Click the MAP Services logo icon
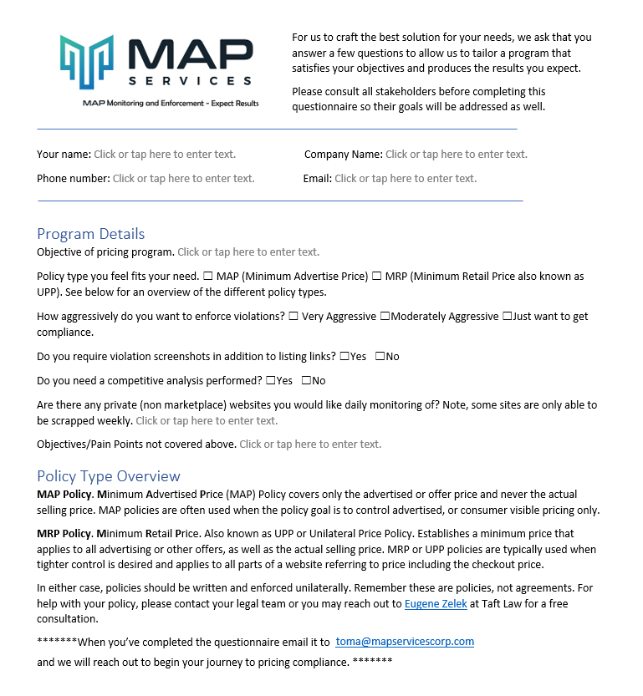click(86, 63)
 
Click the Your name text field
click(165, 155)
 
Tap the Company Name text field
click(456, 155)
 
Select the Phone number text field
click(183, 179)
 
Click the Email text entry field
click(406, 179)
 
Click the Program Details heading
click(91, 234)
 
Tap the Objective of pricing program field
click(248, 252)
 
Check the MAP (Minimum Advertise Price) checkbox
click(208, 277)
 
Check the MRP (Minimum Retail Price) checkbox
click(377, 277)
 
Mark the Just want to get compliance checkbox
click(507, 317)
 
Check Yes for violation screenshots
click(344, 357)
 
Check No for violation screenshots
click(380, 357)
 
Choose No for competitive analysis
click(306, 381)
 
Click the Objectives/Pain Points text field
click(310, 445)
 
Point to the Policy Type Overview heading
click(109, 476)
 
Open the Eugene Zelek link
click(432, 604)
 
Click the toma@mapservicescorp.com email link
click(405, 642)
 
